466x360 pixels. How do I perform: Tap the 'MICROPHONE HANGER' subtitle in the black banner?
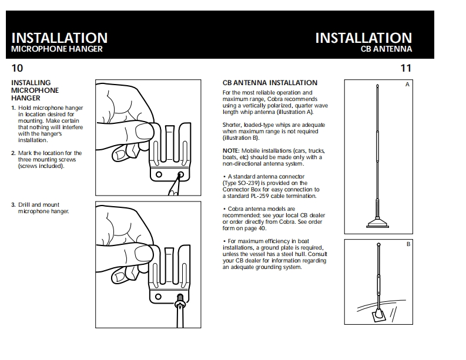point(57,49)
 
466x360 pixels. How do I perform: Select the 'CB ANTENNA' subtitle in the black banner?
point(386,49)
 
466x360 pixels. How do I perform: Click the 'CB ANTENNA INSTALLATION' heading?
point(270,83)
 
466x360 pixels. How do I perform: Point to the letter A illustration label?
point(407,85)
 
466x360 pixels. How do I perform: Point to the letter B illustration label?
point(408,243)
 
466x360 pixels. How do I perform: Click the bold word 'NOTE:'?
point(231,151)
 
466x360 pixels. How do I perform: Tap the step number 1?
point(14,108)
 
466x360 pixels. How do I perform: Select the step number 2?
point(14,153)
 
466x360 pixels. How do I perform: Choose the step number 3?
point(14,205)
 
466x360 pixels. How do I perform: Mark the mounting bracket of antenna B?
point(377,315)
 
